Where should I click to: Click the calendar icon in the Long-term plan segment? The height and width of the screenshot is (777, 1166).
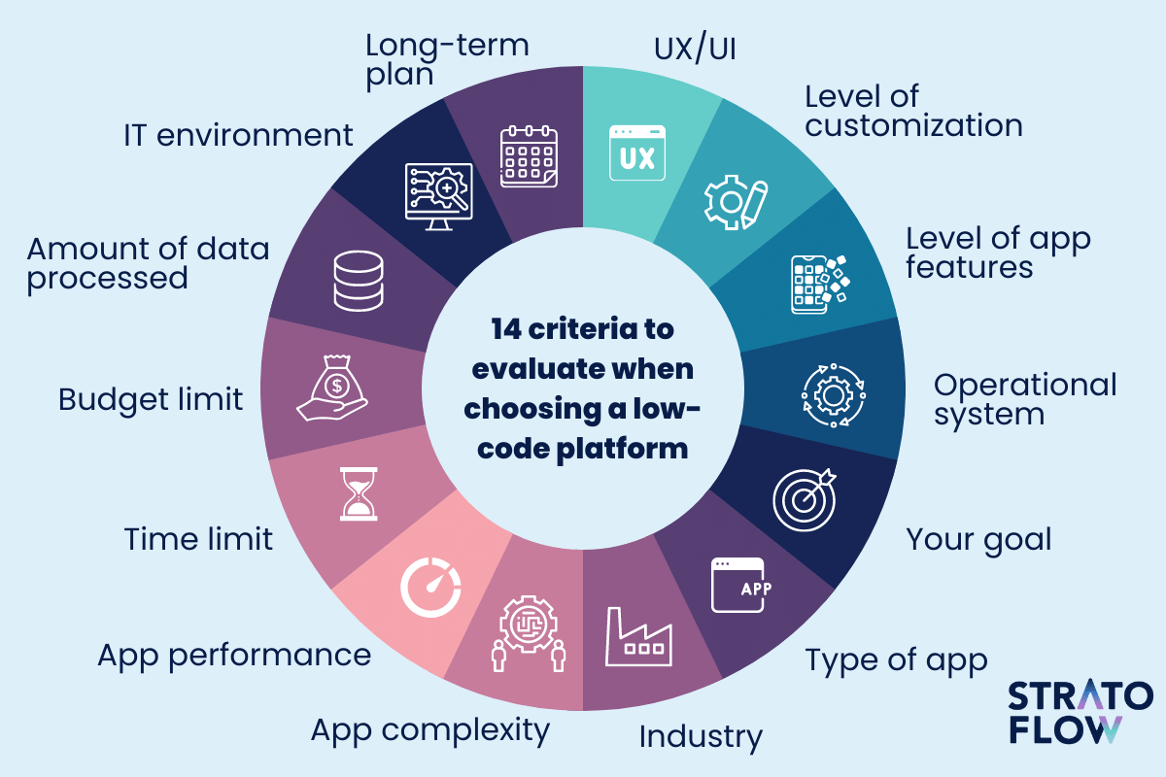click(x=529, y=156)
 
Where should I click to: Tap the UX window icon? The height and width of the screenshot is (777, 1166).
click(x=637, y=153)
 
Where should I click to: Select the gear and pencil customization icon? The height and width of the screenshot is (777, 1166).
click(x=736, y=202)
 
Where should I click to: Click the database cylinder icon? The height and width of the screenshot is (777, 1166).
click(x=359, y=281)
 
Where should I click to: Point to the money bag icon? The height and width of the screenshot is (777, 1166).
click(x=332, y=388)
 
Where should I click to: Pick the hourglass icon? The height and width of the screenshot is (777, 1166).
click(x=359, y=494)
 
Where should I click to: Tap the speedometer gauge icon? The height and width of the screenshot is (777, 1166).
click(x=430, y=588)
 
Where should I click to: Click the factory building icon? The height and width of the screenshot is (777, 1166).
click(x=638, y=636)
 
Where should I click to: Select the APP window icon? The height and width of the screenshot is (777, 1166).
click(x=741, y=585)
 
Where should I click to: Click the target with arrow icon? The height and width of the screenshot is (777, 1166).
click(x=805, y=500)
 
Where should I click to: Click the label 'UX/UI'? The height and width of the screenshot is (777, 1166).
click(x=695, y=48)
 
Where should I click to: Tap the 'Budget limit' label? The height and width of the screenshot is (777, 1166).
click(x=151, y=400)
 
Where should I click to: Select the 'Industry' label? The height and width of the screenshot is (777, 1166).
click(x=701, y=737)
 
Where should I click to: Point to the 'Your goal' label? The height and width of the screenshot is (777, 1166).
click(x=978, y=540)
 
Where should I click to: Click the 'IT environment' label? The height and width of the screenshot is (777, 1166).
click(x=238, y=135)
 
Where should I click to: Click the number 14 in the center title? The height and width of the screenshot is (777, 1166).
click(x=506, y=329)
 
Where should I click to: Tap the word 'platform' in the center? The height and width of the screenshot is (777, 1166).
click(x=622, y=450)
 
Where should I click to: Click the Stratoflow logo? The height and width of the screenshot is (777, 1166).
click(x=1080, y=712)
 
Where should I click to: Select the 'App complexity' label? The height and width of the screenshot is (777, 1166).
click(x=430, y=731)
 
